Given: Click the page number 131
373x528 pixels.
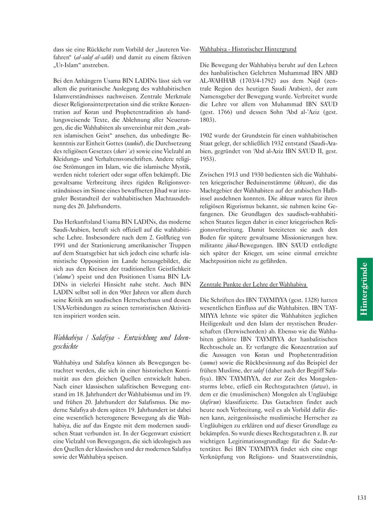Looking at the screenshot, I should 361,498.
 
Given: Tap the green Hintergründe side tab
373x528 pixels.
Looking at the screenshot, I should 365,289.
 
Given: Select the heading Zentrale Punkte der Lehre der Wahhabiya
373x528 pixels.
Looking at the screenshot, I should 253,285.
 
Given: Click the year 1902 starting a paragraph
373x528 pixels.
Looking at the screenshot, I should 206,136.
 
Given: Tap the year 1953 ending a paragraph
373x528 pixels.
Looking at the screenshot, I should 208,159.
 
